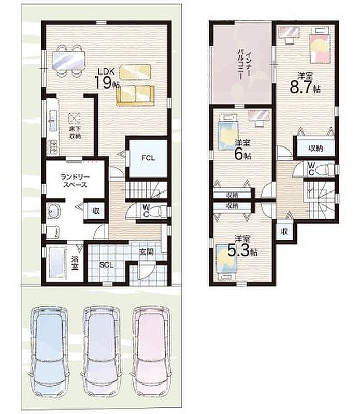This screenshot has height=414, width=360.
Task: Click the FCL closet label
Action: [148, 158]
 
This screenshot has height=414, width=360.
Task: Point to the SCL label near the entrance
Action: [106, 265]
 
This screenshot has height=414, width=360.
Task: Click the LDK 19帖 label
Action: [107, 79]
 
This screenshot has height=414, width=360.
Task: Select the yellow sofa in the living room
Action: [135, 96]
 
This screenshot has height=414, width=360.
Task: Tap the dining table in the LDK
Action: [69, 60]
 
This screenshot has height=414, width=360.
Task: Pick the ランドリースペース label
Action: [75, 181]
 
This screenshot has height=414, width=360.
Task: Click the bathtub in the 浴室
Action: [57, 262]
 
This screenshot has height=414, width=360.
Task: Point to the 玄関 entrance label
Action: [146, 252]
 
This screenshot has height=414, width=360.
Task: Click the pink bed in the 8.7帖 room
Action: [320, 46]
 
